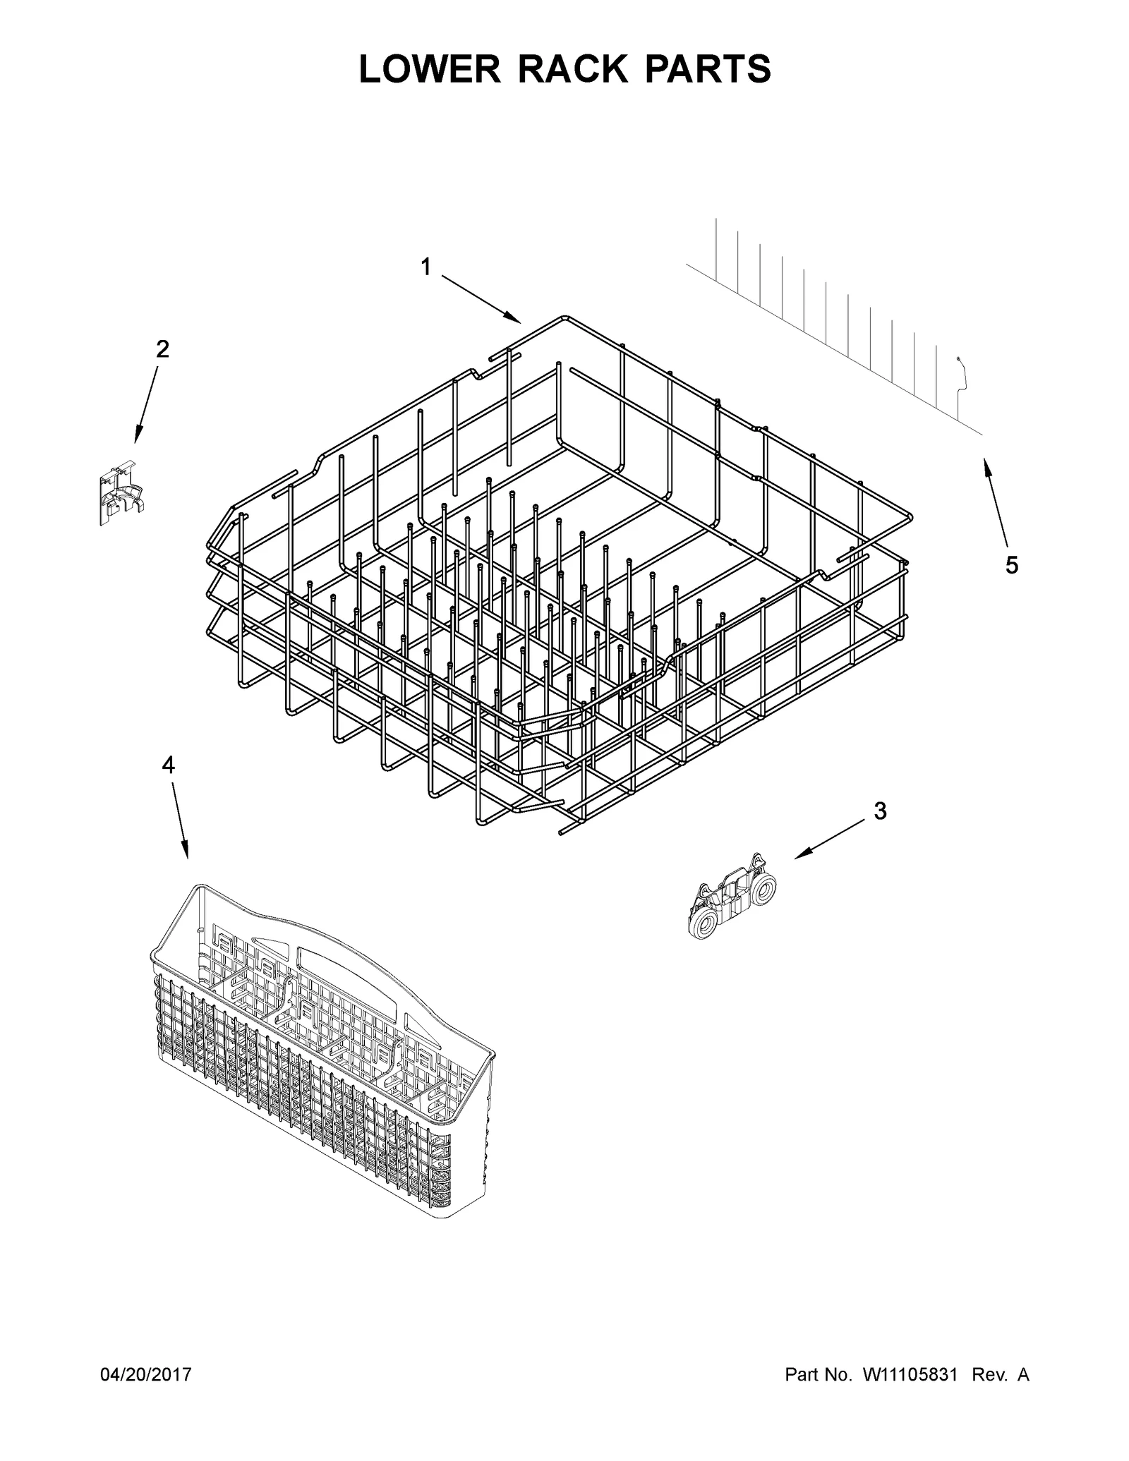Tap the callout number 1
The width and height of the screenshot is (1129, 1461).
click(425, 267)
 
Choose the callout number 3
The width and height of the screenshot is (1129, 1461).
click(880, 811)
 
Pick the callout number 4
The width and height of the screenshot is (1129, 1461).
click(168, 765)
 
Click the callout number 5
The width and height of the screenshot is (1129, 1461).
click(1012, 564)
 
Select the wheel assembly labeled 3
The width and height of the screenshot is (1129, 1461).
click(732, 897)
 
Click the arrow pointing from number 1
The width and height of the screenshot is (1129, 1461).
click(481, 299)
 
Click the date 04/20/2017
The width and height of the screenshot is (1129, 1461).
click(146, 1375)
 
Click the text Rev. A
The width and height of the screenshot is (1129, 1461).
click(1000, 1375)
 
